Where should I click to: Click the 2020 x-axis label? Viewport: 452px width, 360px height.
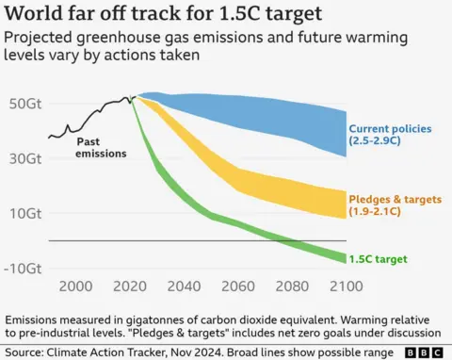(x=133, y=286)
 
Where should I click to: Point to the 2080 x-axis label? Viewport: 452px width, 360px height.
(x=289, y=286)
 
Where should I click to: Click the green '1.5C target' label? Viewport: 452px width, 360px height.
(x=381, y=257)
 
